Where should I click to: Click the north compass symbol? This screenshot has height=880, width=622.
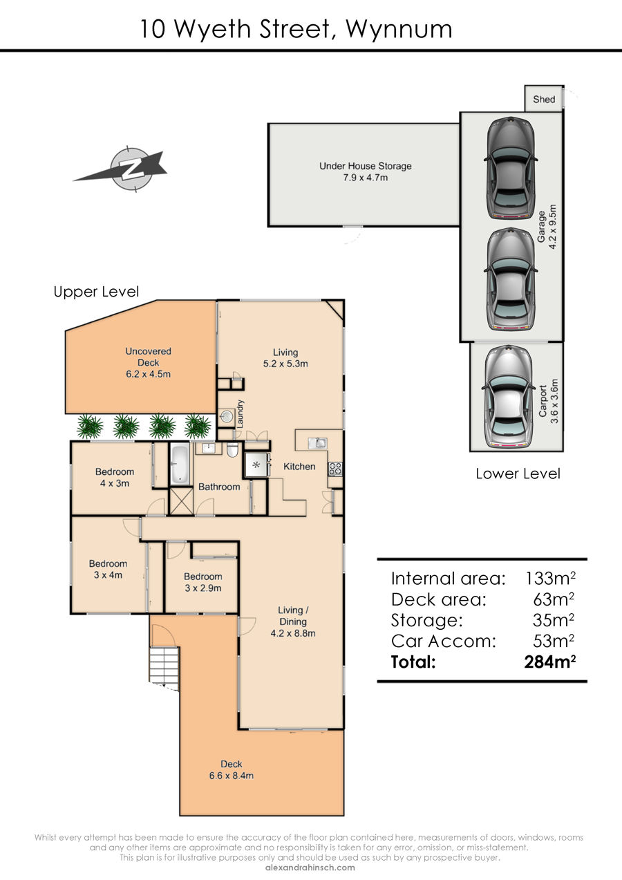tap(125, 169)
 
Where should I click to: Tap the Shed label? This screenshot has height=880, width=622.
tap(544, 100)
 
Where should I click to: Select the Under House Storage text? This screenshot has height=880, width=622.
tap(365, 166)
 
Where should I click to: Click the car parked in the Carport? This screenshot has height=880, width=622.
tap(509, 397)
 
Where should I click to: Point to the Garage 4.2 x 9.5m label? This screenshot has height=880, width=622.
tap(547, 227)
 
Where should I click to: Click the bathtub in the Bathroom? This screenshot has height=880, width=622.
tap(180, 464)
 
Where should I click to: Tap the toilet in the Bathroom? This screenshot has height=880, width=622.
tap(232, 450)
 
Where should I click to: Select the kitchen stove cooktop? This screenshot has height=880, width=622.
tap(335, 469)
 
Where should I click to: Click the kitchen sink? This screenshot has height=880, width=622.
tap(317, 443)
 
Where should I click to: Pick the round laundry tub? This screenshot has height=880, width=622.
tap(227, 416)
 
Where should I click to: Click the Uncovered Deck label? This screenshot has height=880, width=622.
tap(149, 363)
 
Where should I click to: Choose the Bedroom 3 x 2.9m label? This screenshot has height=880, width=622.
tap(203, 582)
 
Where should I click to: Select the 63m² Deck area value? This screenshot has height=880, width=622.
tap(554, 599)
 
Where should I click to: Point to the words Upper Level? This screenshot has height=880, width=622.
tap(96, 292)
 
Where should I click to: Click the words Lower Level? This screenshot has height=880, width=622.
tap(518, 474)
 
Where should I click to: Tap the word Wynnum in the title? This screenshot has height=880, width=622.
tap(399, 30)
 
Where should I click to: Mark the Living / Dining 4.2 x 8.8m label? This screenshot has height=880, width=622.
tap(293, 621)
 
